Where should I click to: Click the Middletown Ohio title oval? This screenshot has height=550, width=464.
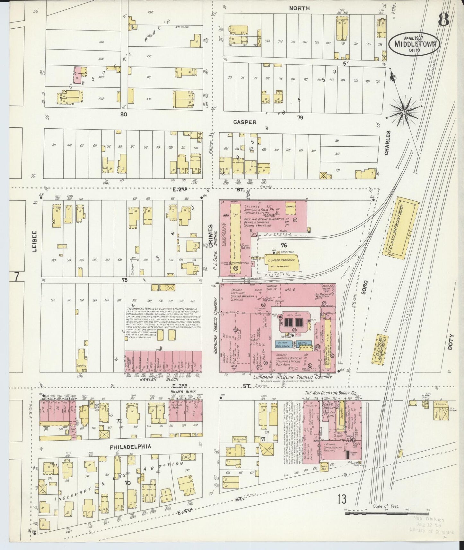pyautogui.click(x=414, y=43)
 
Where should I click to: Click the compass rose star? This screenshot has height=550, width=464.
pyautogui.click(x=404, y=112)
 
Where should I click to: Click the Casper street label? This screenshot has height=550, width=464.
pyautogui.click(x=245, y=122)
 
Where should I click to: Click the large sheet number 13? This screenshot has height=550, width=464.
pyautogui.click(x=342, y=509)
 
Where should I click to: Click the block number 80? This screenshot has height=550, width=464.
pyautogui.click(x=124, y=114)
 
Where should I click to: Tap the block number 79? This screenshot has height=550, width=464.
pyautogui.click(x=300, y=118)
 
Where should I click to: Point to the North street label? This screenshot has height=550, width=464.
pyautogui.click(x=299, y=8)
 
